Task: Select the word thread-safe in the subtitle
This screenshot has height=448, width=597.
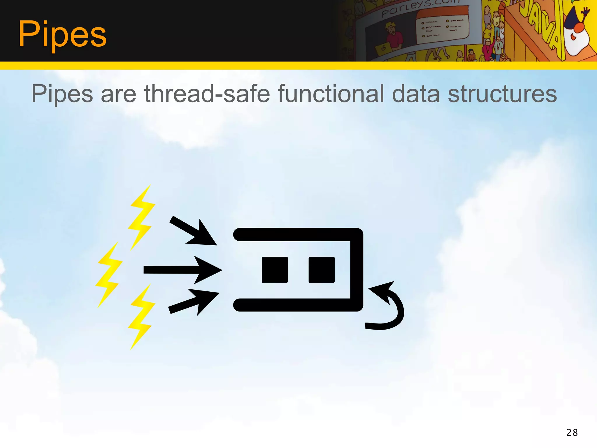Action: [x=207, y=94]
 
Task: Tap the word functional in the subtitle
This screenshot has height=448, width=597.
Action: [x=331, y=94]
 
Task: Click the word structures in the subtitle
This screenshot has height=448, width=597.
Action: [x=502, y=94]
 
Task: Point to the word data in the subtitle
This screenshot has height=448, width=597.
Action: [x=416, y=94]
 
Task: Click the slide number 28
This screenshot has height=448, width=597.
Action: [x=572, y=433]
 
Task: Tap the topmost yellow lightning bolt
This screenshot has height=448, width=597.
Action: [x=142, y=217]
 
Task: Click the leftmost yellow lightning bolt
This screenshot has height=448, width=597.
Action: [x=108, y=274]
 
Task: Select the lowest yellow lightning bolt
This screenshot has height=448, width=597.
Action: [x=142, y=316]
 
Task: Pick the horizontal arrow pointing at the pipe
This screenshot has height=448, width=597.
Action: [x=182, y=270]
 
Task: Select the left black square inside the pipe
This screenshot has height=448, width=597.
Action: [x=275, y=270]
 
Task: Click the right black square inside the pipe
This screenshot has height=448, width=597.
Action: [x=321, y=270]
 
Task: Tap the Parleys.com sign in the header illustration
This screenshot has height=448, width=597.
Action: [x=420, y=9]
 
